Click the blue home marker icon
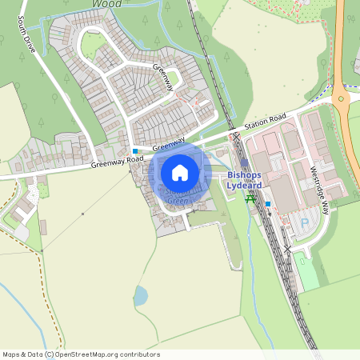click(180, 172)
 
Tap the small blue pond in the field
click(141, 296)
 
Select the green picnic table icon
click(250, 198)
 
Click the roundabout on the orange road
click(342, 100)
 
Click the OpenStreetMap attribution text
click(81, 354)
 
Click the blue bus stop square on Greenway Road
click(135, 150)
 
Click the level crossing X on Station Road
click(236, 137)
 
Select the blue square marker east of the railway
click(268, 203)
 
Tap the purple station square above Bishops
click(244, 162)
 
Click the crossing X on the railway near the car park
click(286, 249)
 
